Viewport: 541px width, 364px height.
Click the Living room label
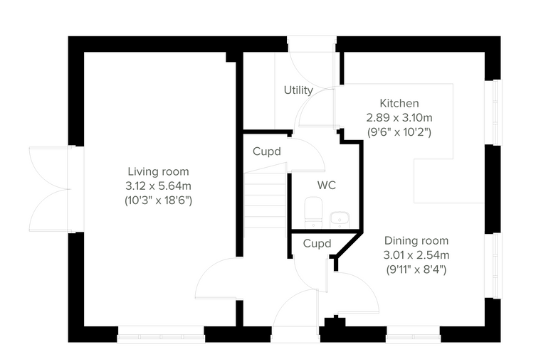(x=158, y=171)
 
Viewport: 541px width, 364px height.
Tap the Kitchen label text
(x=399, y=103)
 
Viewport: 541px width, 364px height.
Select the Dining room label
(x=416, y=240)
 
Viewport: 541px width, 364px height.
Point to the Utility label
(x=298, y=90)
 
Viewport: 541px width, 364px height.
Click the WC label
(x=327, y=186)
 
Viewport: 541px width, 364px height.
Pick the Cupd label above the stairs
(x=267, y=151)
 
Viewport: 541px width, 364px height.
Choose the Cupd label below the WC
(x=317, y=243)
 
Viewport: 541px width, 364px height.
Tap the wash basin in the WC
(x=340, y=220)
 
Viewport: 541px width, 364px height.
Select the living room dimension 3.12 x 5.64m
(x=158, y=186)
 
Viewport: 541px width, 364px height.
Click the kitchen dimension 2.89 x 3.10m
(x=399, y=118)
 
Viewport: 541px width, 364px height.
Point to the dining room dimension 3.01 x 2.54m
(x=416, y=255)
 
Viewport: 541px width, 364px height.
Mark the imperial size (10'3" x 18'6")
(x=158, y=200)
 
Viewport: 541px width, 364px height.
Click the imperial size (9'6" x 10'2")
(x=399, y=132)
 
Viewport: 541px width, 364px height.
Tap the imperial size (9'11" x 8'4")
(x=416, y=269)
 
